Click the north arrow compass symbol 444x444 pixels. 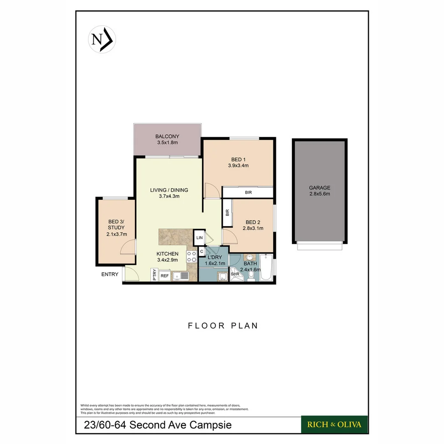(102, 39)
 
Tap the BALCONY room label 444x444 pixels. (167, 136)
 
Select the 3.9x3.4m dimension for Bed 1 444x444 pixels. (238, 166)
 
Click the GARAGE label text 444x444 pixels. (319, 188)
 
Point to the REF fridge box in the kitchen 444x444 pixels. (164, 276)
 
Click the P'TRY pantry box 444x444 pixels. (155, 275)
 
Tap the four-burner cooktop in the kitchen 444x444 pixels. (192, 257)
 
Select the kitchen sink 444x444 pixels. (180, 276)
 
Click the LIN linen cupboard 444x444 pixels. (199, 238)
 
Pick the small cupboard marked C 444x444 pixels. (202, 251)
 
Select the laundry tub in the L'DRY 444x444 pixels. (222, 276)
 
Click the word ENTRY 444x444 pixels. (110, 274)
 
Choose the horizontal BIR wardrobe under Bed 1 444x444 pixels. (248, 192)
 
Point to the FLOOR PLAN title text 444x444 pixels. (223, 326)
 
